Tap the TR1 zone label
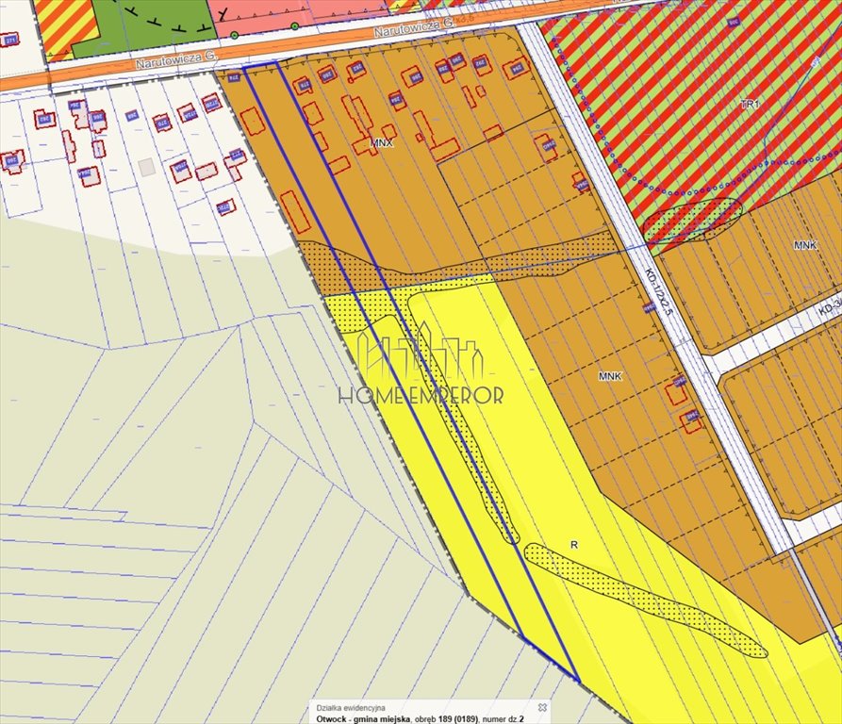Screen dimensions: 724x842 pos(750,104)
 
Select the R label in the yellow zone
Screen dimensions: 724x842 pos(573,545)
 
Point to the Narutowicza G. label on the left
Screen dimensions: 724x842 pos(175,59)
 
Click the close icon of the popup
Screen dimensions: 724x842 pos(542,706)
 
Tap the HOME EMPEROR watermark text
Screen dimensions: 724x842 pos(421,396)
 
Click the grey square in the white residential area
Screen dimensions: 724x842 pos(145,167)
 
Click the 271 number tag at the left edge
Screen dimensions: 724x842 pos(9,40)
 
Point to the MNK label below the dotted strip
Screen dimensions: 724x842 pos(610,375)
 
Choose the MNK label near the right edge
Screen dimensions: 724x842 pos(804,245)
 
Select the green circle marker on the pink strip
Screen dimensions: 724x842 pos(295,25)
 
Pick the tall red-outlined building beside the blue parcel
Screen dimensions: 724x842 pos(295,211)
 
